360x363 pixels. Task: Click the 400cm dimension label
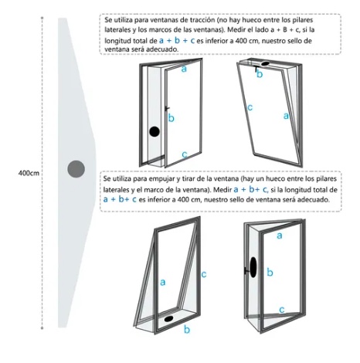(29, 173)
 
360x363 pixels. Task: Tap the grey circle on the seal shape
(76, 169)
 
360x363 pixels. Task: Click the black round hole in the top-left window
(155, 131)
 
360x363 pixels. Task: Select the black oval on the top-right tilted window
(265, 63)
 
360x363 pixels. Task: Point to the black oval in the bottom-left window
(168, 318)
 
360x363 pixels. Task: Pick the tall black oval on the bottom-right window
(253, 267)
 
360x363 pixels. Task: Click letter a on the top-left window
(184, 69)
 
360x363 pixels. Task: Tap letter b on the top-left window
(171, 117)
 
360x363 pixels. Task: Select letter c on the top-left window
(185, 154)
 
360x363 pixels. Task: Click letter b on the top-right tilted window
(260, 74)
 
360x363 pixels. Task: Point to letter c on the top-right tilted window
(250, 107)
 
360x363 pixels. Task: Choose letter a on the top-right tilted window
(286, 116)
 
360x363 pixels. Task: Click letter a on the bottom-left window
(162, 282)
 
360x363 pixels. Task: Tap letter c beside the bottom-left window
(204, 274)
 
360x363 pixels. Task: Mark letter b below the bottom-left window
(187, 329)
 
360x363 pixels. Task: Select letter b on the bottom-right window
(270, 272)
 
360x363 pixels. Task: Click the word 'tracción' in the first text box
(202, 20)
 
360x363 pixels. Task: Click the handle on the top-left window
(167, 109)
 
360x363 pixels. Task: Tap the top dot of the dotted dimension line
(42, 18)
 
